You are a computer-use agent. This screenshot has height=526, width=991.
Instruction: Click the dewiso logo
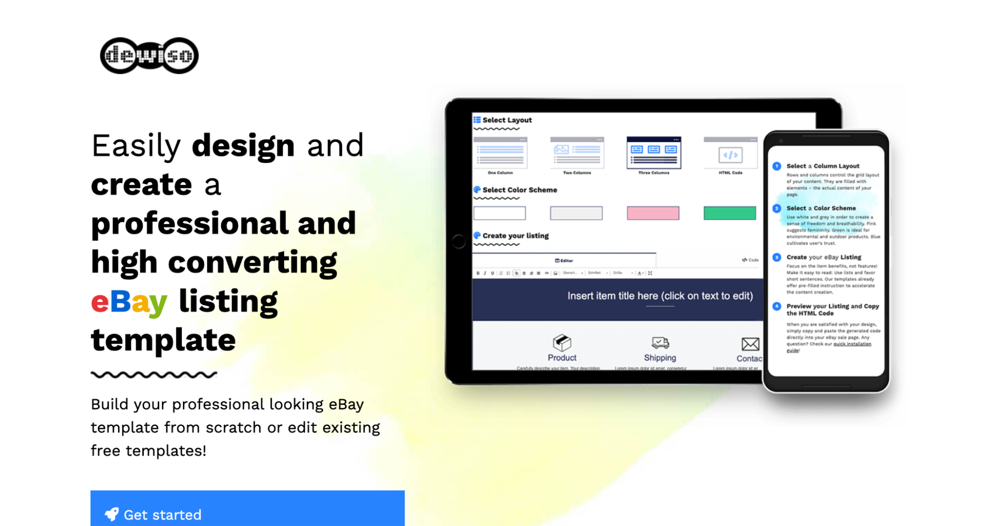149,56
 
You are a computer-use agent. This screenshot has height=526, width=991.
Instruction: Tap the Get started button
247,511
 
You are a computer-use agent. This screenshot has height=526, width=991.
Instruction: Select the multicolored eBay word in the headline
129,301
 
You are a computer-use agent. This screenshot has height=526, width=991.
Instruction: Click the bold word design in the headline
243,146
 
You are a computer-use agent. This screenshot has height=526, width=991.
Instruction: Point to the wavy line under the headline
154,375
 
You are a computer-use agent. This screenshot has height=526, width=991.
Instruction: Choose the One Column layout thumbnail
500,153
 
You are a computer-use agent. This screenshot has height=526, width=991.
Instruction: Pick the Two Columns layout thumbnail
577,153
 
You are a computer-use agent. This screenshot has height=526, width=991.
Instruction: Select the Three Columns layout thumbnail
653,153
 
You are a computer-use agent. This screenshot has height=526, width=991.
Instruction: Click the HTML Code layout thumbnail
730,154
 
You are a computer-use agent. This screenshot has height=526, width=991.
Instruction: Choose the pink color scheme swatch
653,213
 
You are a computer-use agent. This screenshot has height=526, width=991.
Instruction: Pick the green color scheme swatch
730,213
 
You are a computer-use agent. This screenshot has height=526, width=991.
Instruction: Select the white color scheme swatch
499,213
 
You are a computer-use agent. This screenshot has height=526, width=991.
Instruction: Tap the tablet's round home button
459,241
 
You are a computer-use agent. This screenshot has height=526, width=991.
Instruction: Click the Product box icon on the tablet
562,342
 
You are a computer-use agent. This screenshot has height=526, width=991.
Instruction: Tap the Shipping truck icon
660,343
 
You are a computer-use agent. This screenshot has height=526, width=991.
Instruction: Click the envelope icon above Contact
750,344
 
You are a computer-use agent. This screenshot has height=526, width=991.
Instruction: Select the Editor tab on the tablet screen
564,260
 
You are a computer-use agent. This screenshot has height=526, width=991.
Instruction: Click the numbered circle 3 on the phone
777,257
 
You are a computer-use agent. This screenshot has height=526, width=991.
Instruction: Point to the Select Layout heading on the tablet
507,120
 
